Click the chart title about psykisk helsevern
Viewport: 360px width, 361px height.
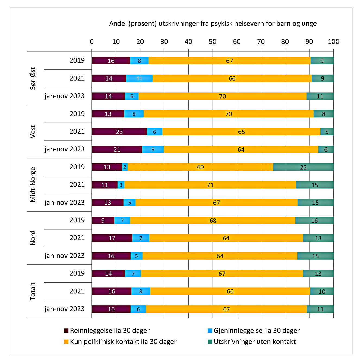coord(213,24)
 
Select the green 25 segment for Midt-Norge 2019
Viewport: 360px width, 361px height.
coord(303,167)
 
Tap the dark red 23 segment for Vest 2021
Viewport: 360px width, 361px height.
coord(119,132)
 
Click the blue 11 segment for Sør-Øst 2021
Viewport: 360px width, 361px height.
coord(139,78)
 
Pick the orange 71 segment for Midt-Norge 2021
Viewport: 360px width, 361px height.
coord(210,185)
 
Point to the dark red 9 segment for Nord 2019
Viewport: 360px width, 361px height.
coord(103,221)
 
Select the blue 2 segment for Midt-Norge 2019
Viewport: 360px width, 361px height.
coord(125,167)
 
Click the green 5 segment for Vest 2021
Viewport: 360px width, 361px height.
coord(327,132)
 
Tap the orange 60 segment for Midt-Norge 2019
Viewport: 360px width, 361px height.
coord(200,167)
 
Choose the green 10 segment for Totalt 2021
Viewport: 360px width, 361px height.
coord(322,291)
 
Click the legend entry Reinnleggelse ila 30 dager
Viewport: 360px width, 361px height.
coord(107,330)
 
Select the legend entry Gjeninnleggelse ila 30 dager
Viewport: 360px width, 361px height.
coord(254,330)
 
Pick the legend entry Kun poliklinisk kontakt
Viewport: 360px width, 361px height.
coord(120,341)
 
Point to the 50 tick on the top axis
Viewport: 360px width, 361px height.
coord(213,41)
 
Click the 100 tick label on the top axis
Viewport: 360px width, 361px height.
coord(333,41)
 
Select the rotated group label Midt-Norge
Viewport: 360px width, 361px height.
coord(33,185)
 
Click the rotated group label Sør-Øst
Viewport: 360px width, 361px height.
coord(33,78)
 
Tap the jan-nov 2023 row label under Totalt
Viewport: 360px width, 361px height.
coord(65,309)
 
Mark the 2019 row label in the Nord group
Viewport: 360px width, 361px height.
coord(77,220)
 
